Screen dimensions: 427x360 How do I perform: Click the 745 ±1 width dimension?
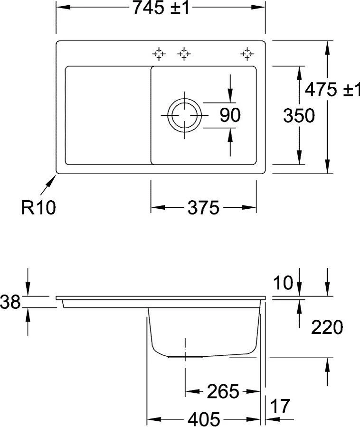162,8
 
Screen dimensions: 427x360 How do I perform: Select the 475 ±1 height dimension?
332,89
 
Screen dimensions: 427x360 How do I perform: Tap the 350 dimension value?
299,115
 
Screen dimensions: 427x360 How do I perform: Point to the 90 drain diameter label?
230,115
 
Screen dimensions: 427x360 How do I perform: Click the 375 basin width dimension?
203,207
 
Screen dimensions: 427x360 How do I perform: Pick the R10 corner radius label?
38,207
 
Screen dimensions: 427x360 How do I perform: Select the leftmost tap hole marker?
159,54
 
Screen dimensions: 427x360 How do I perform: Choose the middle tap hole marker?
184,54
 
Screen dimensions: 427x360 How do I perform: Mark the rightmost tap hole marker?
246,54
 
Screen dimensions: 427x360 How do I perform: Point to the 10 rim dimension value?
284,284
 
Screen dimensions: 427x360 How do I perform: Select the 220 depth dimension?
327,327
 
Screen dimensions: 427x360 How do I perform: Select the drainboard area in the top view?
107,115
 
